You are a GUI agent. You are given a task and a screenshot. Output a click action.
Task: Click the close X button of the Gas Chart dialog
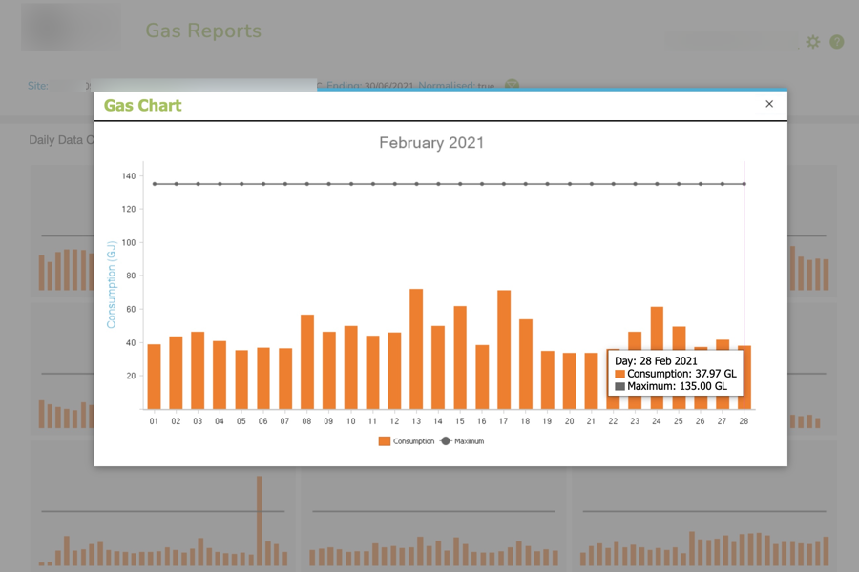tap(769, 104)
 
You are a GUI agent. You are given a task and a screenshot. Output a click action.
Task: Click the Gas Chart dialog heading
tap(143, 105)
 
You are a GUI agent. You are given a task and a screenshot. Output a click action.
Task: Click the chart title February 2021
tap(431, 143)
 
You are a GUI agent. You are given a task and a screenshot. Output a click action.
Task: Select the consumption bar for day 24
tap(657, 358)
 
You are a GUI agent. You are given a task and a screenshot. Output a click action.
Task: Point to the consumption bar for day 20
tap(570, 381)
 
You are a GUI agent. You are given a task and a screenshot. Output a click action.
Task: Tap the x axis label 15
tap(460, 421)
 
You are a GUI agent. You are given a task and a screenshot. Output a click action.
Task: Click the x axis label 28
tap(744, 421)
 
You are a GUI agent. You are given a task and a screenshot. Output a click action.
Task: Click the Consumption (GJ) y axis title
tap(111, 284)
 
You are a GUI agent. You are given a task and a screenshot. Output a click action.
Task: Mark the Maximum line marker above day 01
tap(155, 184)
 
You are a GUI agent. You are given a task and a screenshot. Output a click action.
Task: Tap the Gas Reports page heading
tap(203, 31)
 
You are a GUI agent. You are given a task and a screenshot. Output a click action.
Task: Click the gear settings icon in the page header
tap(813, 42)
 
